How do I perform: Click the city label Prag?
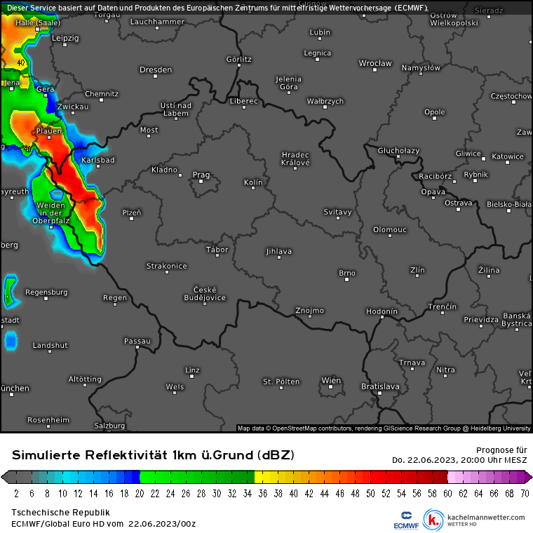(201, 175)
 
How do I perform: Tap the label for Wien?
(331, 381)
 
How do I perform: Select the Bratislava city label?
(380, 386)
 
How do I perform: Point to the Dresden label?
(156, 70)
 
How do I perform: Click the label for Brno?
(347, 273)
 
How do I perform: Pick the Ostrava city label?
(459, 203)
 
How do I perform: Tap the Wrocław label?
(375, 64)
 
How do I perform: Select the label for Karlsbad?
(97, 160)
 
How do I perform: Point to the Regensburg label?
(46, 292)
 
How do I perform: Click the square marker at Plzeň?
(132, 219)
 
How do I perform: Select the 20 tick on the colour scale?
(140, 493)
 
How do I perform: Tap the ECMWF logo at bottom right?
(406, 519)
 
